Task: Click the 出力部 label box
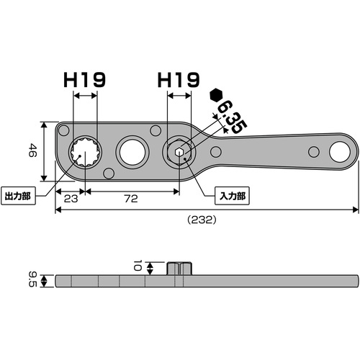[x=18, y=196]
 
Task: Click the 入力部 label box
[x=232, y=196]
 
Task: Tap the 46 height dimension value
[x=32, y=150]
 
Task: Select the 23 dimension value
[x=71, y=199]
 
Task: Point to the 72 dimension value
[x=131, y=199]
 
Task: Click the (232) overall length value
[x=202, y=220]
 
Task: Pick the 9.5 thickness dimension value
[x=32, y=279]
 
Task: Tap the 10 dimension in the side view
[x=138, y=265]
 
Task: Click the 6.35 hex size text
[x=232, y=117]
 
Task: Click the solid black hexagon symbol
[x=216, y=95]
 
